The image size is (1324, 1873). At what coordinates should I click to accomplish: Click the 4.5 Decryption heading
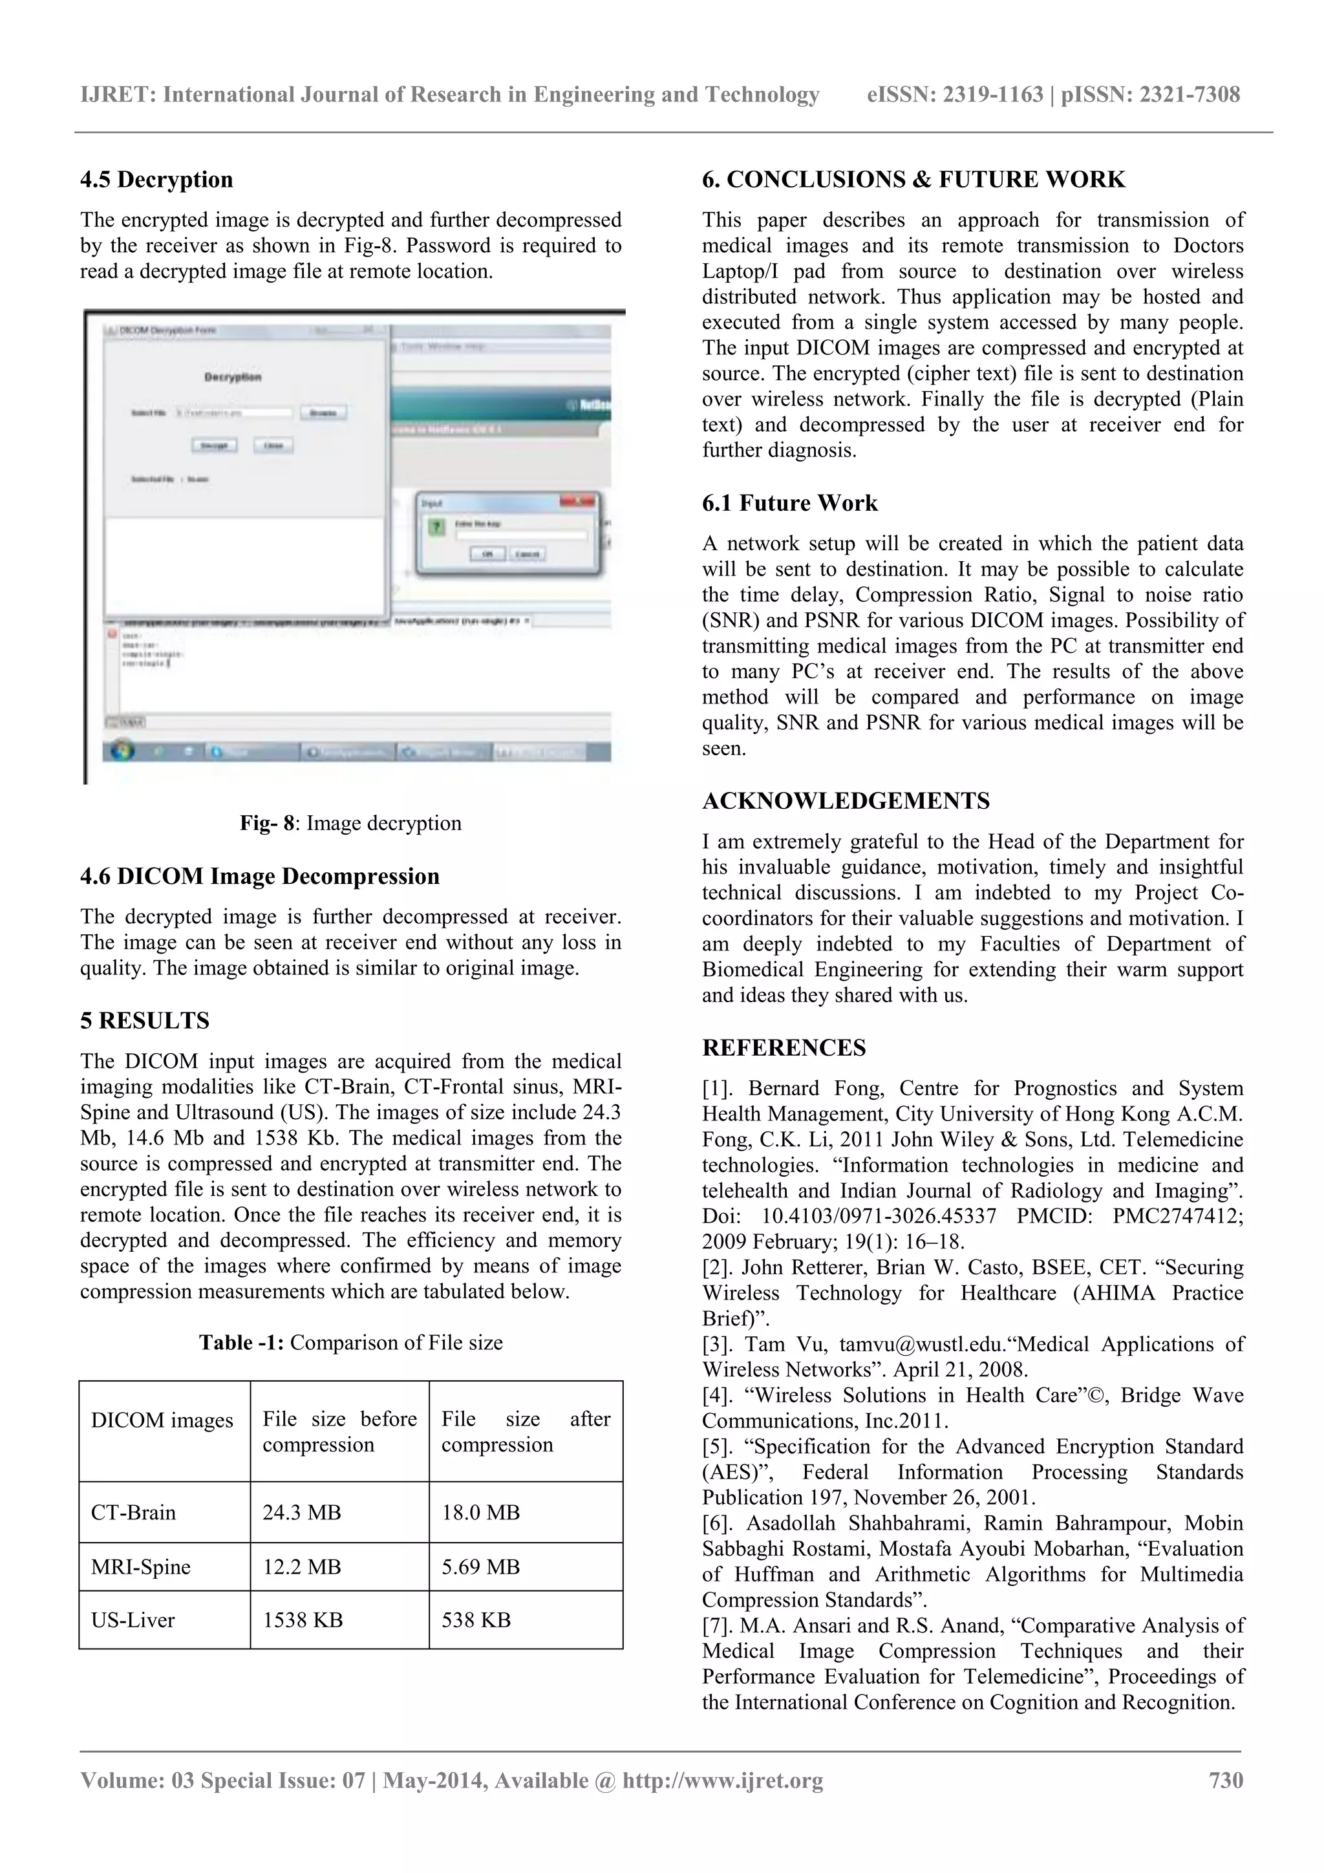156,180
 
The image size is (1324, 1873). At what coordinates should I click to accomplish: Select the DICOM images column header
162,1420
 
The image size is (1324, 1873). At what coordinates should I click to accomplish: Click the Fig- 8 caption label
266,823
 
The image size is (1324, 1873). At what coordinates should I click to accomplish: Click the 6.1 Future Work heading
789,504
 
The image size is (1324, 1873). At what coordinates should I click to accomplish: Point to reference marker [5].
717,1446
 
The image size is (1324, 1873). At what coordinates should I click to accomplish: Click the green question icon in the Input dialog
437,527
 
